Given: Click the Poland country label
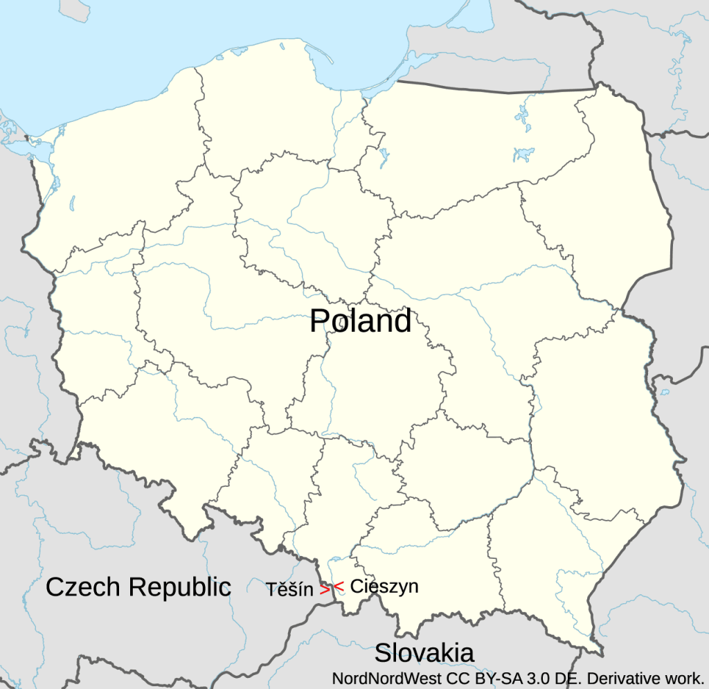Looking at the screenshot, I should pos(360,321).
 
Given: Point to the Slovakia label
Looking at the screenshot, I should pos(424,652).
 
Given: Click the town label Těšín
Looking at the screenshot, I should pos(289,590).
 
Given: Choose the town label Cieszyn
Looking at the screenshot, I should pos(384,586).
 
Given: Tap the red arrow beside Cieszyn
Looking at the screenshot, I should pos(339,587).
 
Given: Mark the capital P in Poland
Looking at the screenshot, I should pos(318,321).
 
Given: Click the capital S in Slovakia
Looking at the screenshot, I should pos(383,652).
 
